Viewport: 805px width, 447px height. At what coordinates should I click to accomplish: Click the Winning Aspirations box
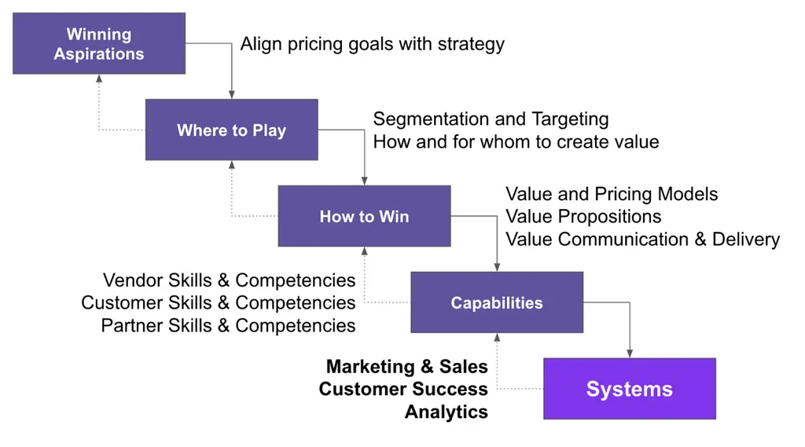pyautogui.click(x=99, y=44)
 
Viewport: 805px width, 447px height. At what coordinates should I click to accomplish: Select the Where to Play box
pyautogui.click(x=232, y=130)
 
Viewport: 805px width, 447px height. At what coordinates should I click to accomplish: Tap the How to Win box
pyautogui.click(x=365, y=216)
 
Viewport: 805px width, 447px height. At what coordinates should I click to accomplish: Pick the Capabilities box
pyautogui.click(x=497, y=302)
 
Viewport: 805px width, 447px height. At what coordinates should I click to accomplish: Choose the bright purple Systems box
pyautogui.click(x=630, y=389)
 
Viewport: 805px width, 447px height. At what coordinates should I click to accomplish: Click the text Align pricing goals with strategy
pyautogui.click(x=372, y=45)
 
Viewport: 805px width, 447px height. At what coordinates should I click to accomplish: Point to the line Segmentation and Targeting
pyautogui.click(x=491, y=119)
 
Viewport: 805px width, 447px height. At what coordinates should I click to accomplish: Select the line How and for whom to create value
pyautogui.click(x=516, y=141)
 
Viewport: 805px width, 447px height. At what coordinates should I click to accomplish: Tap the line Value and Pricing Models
pyautogui.click(x=612, y=195)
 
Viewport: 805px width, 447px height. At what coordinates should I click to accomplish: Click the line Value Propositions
pyautogui.click(x=583, y=217)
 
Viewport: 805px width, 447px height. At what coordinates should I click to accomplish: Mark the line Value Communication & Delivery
pyautogui.click(x=643, y=240)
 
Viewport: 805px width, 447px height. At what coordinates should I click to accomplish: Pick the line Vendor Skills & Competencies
pyautogui.click(x=229, y=280)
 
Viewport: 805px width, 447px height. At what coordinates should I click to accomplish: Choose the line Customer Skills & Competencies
pyautogui.click(x=219, y=302)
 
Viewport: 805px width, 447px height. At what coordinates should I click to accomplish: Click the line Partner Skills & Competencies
pyautogui.click(x=228, y=326)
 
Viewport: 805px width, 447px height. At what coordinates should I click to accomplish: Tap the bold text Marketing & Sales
pyautogui.click(x=407, y=366)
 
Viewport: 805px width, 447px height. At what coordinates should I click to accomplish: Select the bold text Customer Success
pyautogui.click(x=403, y=389)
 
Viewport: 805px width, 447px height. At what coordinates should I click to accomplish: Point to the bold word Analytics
pyautogui.click(x=447, y=412)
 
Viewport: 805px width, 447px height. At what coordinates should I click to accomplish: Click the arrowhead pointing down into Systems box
pyautogui.click(x=630, y=354)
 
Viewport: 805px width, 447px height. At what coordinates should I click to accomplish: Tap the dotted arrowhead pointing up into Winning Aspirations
pyautogui.click(x=99, y=79)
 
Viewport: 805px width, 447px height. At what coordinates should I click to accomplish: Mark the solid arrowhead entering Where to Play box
pyautogui.click(x=232, y=95)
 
